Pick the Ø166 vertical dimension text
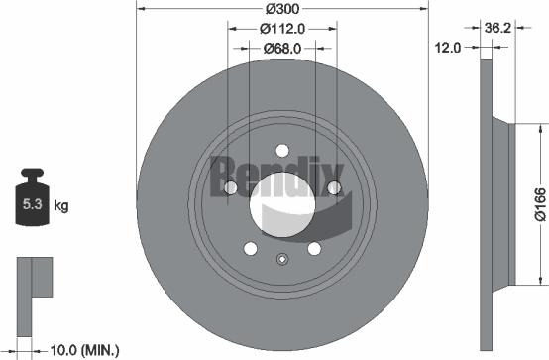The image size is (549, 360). coord(538,204)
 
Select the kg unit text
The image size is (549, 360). coord(62,206)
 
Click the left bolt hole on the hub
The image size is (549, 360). coord(229,189)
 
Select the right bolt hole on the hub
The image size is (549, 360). coord(334,188)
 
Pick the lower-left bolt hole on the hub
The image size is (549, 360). coord(250,249)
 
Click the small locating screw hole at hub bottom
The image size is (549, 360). coord(281,262)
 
